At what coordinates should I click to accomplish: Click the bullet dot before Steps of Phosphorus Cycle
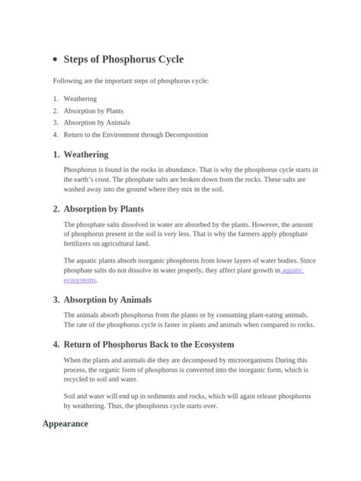pyautogui.click(x=57, y=59)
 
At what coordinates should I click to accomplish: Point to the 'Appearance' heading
pyautogui.click(x=65, y=424)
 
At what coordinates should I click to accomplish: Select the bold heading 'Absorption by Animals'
pyautogui.click(x=107, y=300)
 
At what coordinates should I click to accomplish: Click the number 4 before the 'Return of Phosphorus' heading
pyautogui.click(x=56, y=344)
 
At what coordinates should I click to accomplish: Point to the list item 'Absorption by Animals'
pyautogui.click(x=97, y=123)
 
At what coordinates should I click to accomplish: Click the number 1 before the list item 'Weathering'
pyautogui.click(x=56, y=98)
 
